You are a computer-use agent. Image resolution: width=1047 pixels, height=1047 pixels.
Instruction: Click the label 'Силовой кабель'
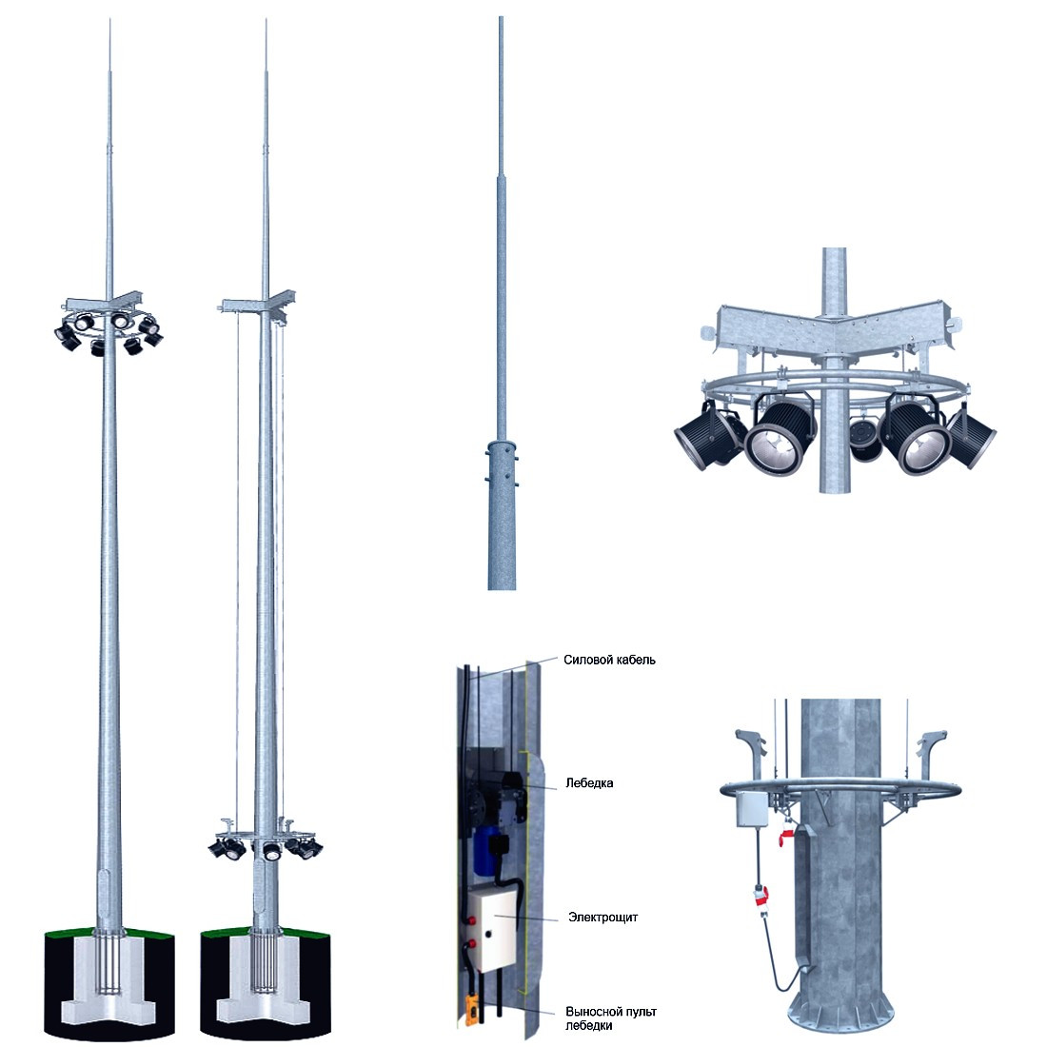click(609, 660)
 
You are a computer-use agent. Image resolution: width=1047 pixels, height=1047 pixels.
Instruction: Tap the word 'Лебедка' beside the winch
click(589, 782)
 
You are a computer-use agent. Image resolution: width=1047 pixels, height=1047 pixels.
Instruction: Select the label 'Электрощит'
click(603, 917)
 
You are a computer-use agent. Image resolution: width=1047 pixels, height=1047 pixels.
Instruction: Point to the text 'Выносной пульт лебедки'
click(610, 1018)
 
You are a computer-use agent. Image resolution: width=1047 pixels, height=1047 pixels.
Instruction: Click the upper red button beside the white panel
click(473, 920)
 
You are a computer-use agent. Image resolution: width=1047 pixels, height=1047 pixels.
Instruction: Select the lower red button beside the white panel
click(473, 943)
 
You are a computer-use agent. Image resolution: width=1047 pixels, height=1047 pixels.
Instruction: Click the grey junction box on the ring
click(752, 809)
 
